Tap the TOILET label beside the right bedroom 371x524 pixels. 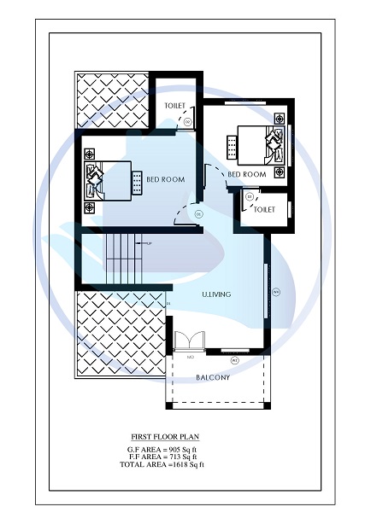(x=264, y=209)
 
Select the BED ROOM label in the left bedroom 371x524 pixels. (x=162, y=179)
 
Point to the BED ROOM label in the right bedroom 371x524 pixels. (x=249, y=174)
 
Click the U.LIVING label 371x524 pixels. (x=217, y=294)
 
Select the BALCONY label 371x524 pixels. (x=213, y=377)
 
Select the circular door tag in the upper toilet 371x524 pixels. (x=188, y=122)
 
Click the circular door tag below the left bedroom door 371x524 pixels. (x=197, y=213)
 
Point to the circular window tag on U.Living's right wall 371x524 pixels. (x=275, y=292)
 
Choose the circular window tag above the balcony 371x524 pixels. (x=234, y=359)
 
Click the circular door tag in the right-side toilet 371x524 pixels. (x=249, y=197)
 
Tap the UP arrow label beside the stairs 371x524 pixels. (x=149, y=244)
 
